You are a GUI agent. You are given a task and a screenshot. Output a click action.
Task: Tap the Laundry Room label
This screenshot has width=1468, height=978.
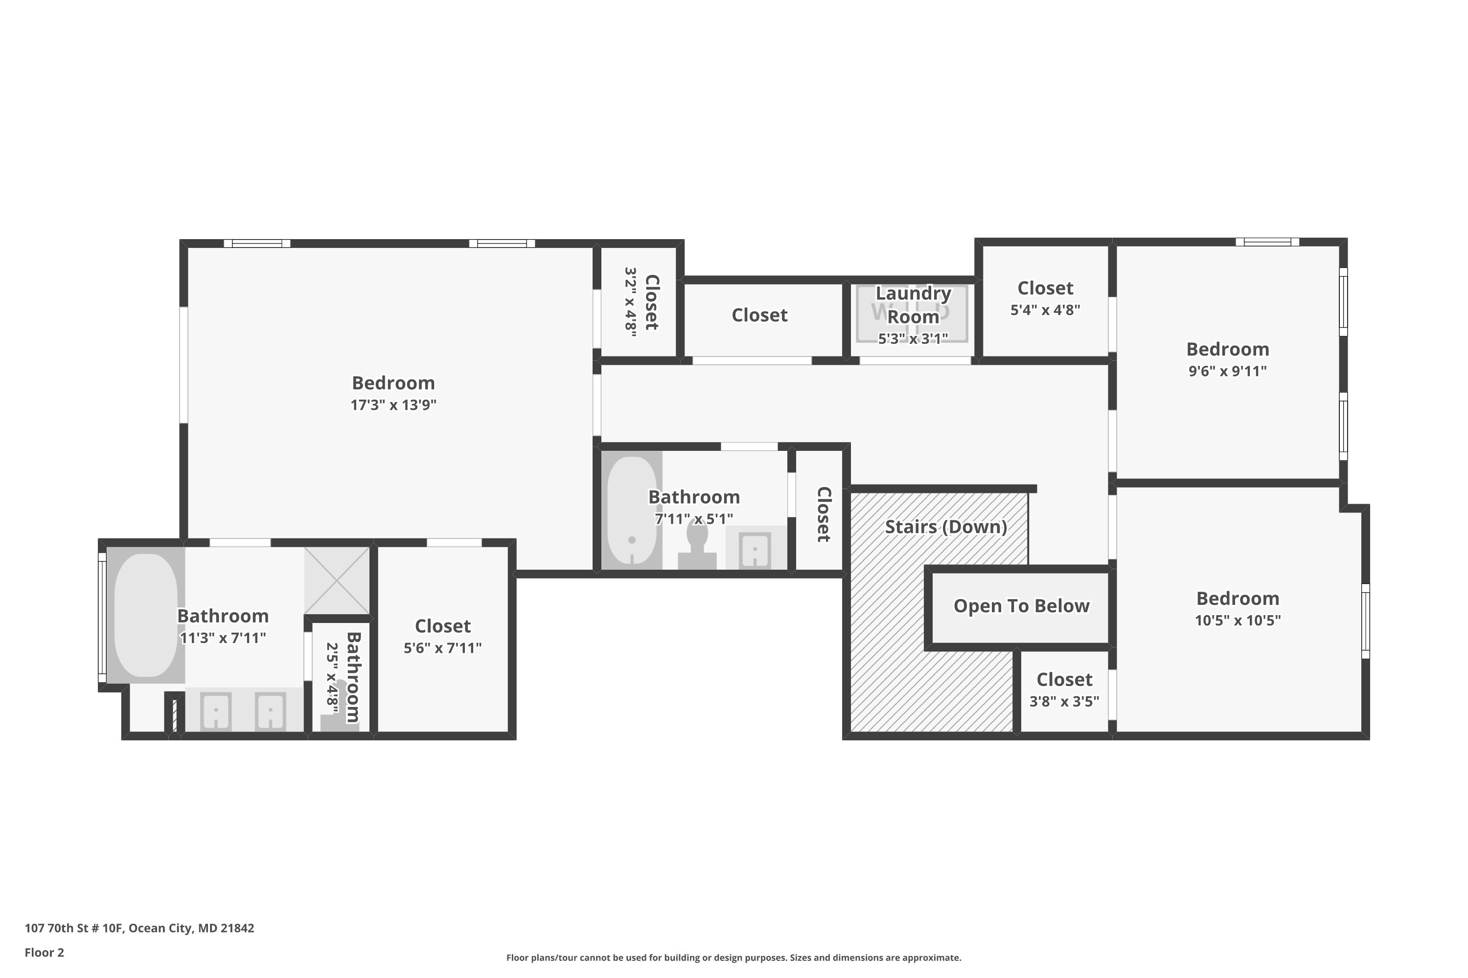[913, 304]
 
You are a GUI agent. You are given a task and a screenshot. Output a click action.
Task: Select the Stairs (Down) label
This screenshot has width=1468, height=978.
[945, 527]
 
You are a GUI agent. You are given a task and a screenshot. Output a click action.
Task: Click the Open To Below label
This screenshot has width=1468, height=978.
[1021, 606]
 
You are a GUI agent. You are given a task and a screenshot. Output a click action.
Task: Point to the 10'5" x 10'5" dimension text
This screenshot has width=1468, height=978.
[1237, 621]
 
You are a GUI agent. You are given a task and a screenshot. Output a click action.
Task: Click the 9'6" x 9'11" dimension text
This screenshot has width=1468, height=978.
[1227, 371]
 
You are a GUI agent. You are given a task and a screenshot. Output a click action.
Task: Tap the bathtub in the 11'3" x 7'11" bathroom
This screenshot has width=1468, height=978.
[146, 615]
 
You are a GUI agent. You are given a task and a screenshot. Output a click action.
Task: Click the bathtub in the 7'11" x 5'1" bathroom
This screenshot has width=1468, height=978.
[632, 510]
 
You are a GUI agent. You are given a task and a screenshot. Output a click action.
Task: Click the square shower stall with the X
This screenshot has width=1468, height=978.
[337, 581]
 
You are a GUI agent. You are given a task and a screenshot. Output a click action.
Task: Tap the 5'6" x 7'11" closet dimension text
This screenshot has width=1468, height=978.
[442, 648]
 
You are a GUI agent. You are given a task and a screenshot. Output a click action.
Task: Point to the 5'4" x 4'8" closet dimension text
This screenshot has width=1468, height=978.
[1045, 310]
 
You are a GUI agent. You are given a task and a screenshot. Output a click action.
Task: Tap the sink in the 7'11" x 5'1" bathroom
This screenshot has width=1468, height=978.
[755, 551]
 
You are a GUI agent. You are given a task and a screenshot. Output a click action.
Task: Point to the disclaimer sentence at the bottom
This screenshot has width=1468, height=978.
[734, 957]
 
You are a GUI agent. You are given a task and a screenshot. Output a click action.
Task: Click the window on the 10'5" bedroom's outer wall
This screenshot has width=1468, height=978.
[1365, 621]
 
